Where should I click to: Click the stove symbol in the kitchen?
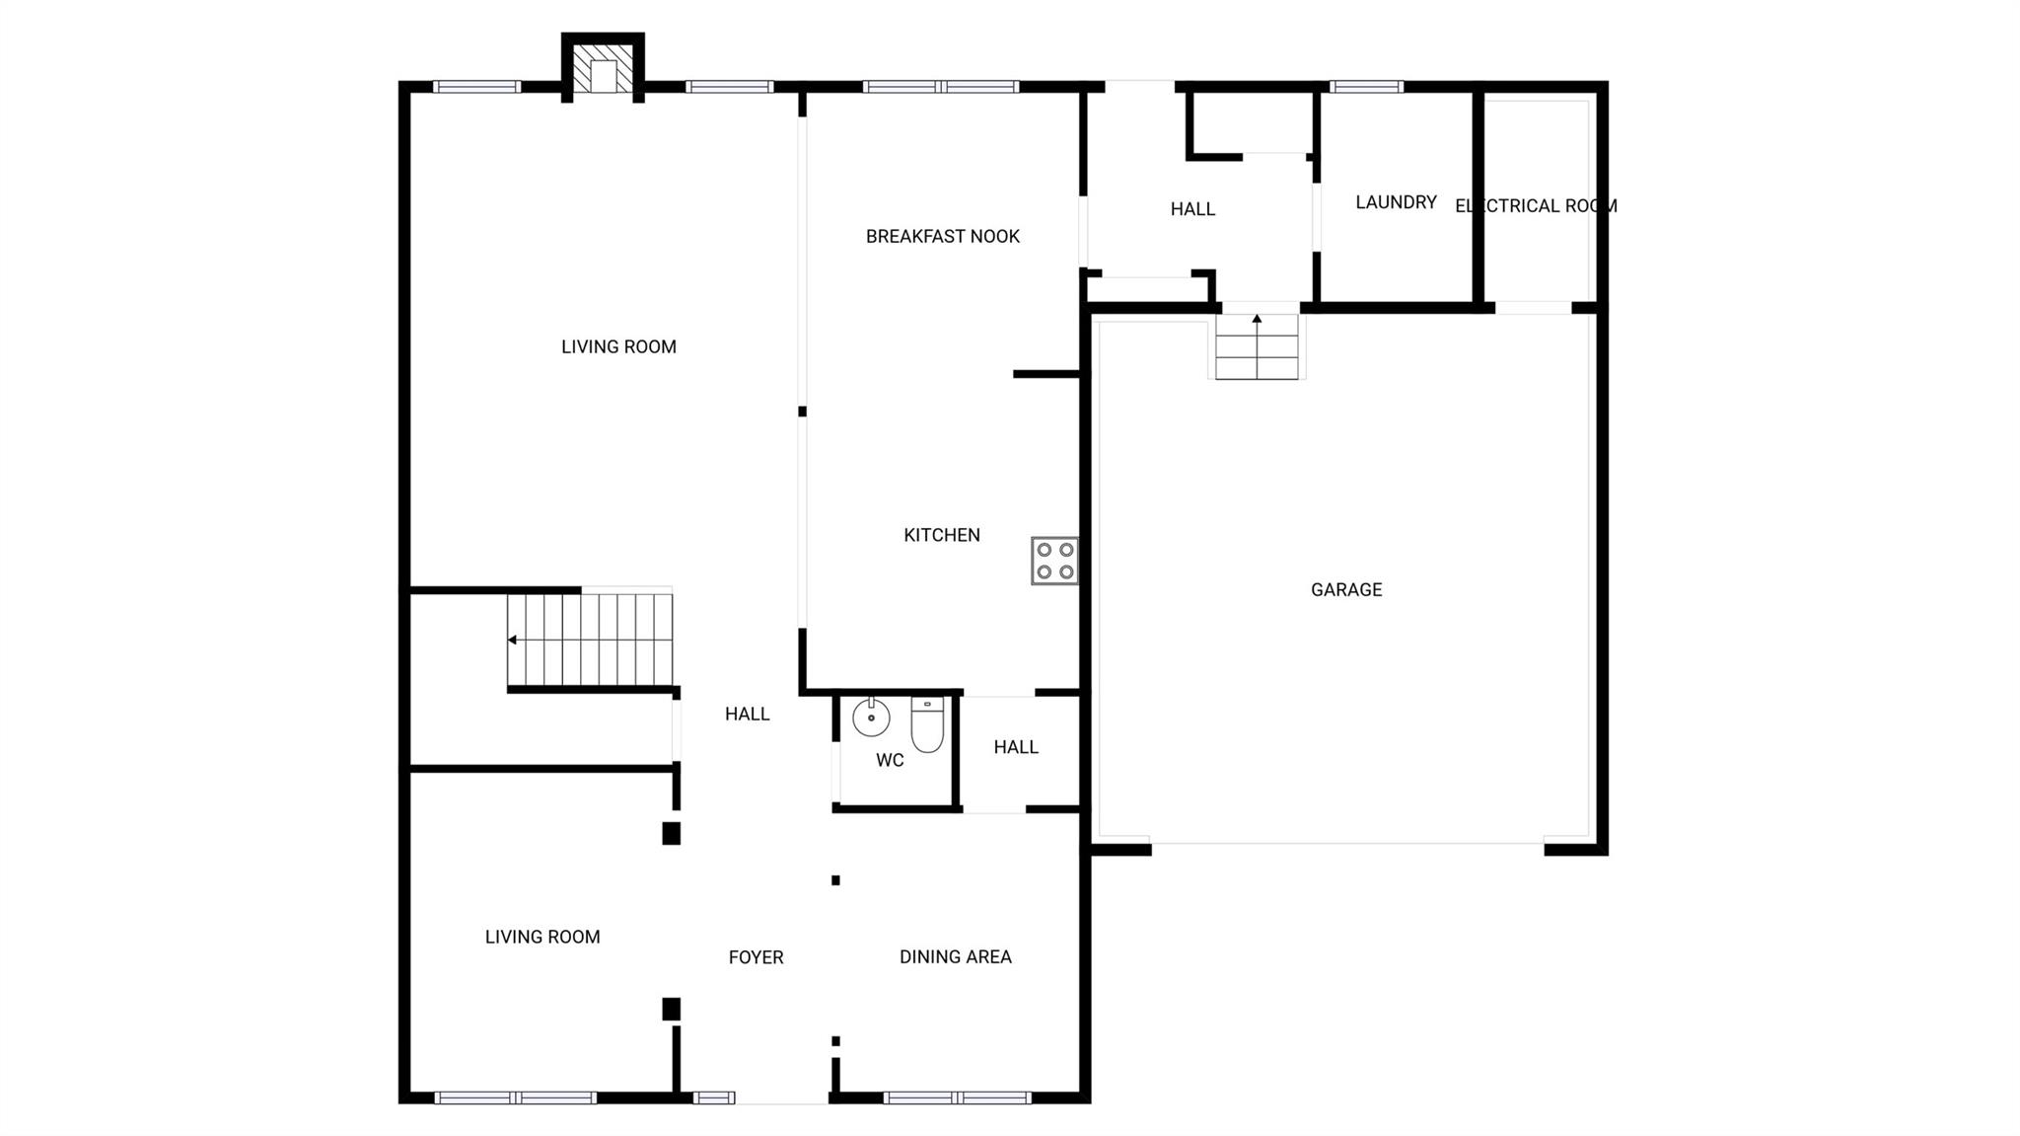(1054, 561)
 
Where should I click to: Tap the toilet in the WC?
(927, 724)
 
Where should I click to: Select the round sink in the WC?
(871, 718)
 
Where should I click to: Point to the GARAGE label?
(1346, 590)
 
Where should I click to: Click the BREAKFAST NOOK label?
(942, 237)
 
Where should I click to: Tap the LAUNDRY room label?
(1396, 202)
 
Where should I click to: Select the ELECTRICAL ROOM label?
(1536, 206)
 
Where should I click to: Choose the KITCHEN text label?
(942, 535)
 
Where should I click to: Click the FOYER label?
(756, 957)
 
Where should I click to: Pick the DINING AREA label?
(955, 956)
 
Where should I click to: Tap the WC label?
(890, 761)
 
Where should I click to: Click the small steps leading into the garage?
(1257, 346)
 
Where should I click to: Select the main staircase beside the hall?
(590, 640)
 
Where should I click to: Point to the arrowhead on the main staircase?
(513, 640)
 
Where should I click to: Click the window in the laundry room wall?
(1366, 87)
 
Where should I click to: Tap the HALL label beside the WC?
(1016, 747)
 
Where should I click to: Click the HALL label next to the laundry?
(1192, 209)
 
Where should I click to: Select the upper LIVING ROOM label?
(618, 347)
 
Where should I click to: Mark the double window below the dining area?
(957, 1098)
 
